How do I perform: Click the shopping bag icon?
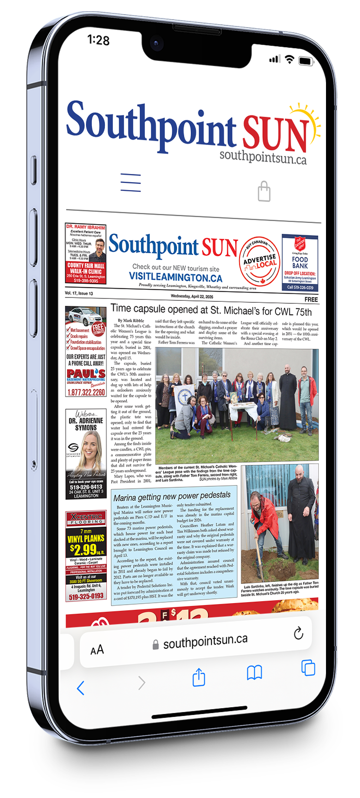pos(264,191)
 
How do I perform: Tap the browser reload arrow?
pos(298,633)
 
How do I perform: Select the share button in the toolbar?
pos(199,677)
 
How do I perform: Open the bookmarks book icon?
pos(255,673)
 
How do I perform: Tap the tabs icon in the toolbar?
pos(308,667)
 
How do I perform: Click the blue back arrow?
pos(81,688)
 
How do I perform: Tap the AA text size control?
pos(97,650)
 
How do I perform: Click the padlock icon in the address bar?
pos(155,645)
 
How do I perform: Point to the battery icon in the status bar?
pos(306,61)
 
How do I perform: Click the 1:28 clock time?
pos(99,40)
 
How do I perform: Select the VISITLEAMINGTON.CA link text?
pos(175,277)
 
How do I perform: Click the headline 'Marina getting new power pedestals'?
pos(172,496)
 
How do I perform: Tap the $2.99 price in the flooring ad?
pos(84,549)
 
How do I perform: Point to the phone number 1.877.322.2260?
pos(86,392)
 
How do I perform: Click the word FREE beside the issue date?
pos(311,299)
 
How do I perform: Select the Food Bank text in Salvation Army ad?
pos(300,262)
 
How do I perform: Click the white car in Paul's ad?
pos(82,316)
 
